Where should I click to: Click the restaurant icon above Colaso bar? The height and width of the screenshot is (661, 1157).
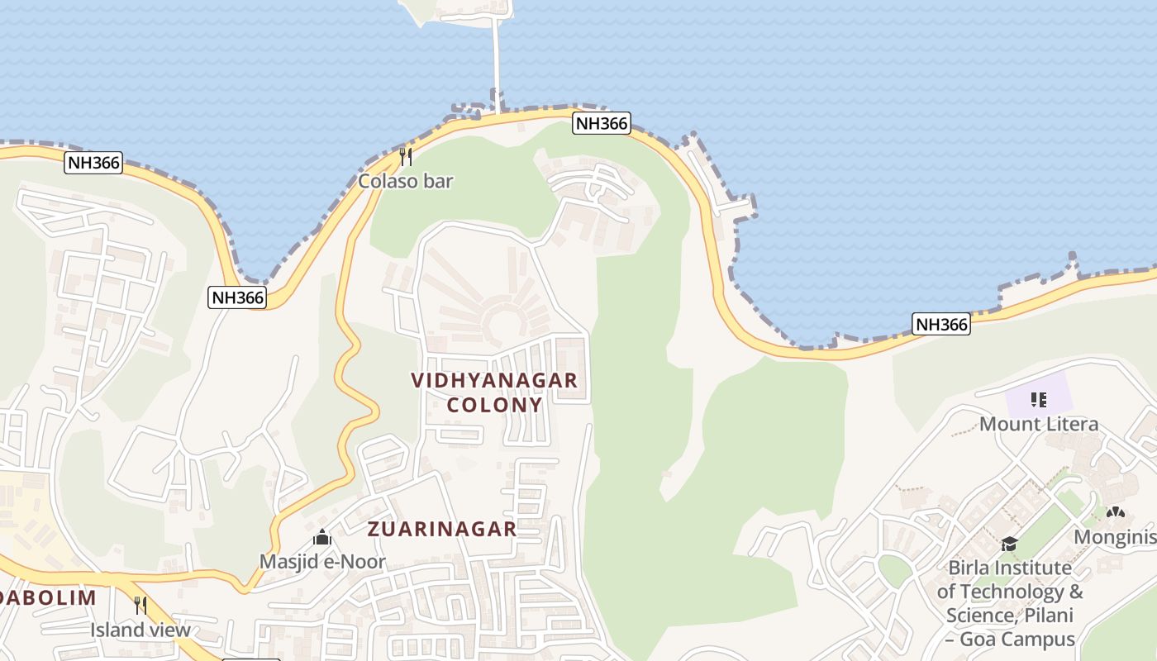(x=406, y=156)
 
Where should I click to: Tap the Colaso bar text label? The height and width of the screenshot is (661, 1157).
(x=405, y=181)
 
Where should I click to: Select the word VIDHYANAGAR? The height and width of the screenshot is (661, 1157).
(x=494, y=381)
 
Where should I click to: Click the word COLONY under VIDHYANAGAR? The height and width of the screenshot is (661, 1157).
(x=494, y=405)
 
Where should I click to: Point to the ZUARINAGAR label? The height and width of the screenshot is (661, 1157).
(x=442, y=529)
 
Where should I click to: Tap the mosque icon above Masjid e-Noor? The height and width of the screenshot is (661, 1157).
(x=322, y=538)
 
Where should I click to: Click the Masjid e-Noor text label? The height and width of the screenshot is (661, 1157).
(x=322, y=562)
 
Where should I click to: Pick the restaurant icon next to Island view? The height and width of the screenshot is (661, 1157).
(x=140, y=606)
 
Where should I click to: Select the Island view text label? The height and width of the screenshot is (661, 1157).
(x=140, y=630)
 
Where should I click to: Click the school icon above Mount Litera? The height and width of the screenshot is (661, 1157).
(x=1039, y=401)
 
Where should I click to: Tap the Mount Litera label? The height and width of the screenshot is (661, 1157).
(x=1039, y=425)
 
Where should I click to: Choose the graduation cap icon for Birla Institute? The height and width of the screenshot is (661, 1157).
(x=1009, y=544)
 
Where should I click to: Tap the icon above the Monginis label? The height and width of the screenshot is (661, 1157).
(x=1116, y=513)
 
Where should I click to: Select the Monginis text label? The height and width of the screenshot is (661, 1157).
(x=1115, y=537)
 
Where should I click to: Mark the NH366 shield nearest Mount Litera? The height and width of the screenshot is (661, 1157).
(x=941, y=324)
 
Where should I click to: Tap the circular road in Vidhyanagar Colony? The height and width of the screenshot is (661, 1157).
(x=501, y=321)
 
